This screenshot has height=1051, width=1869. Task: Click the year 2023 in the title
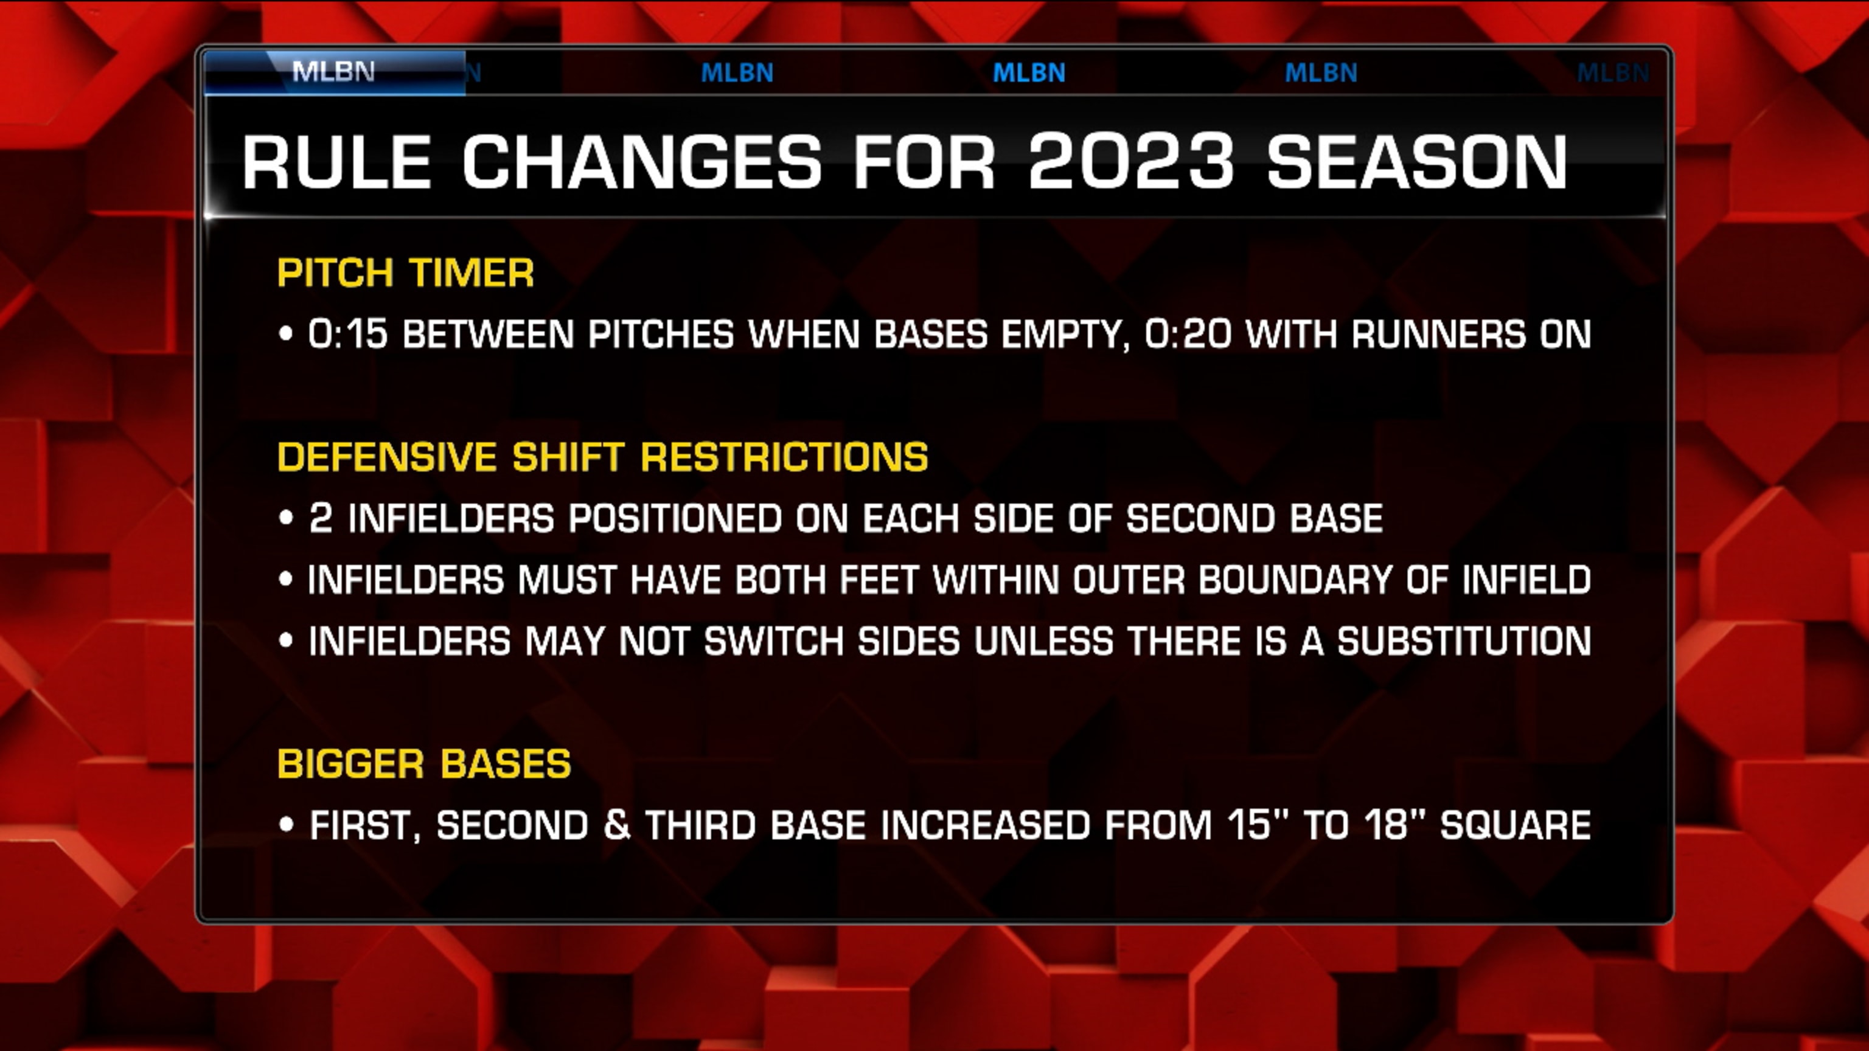coord(1130,162)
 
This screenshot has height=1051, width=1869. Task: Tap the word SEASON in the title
coord(1417,162)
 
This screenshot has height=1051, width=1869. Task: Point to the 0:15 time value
coord(347,335)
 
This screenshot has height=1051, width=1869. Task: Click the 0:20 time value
coord(1187,335)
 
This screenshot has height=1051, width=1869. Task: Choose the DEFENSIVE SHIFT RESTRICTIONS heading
coord(602,457)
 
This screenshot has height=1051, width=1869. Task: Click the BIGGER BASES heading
coord(423,764)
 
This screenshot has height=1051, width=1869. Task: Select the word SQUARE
coord(1515,825)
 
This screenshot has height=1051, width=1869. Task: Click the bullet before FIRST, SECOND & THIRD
coord(286,825)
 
